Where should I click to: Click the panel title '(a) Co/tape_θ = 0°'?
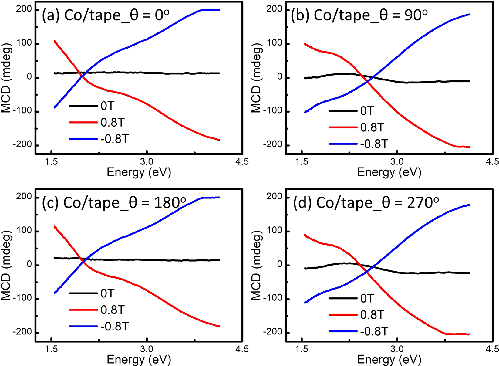coord(105,15)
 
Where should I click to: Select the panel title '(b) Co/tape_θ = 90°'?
coord(359,15)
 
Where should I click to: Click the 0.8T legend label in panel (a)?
coord(113,123)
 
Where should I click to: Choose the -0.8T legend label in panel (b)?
coord(374,144)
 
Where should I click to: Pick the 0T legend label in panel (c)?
coord(107,293)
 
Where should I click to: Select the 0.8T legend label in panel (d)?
coord(372,315)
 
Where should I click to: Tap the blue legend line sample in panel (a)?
coord(83,139)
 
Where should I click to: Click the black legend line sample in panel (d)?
coord(343,299)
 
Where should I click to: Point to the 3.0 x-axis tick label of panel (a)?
coord(147,162)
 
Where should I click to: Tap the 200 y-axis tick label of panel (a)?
coord(25,9)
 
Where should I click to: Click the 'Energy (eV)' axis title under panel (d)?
coord(389,360)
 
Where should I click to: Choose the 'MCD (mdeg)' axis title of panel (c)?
coord(7,265)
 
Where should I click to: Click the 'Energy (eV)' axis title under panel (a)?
coord(139,172)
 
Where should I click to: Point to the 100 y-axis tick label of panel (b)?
coord(275,43)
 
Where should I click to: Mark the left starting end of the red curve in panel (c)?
coord(54,226)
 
